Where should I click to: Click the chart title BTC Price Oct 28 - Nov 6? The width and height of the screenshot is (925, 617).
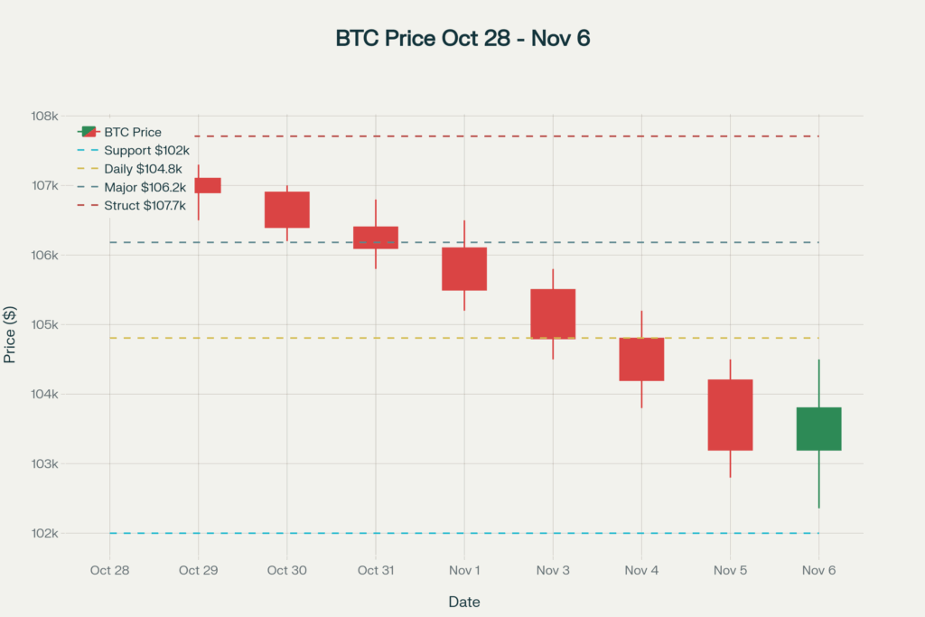tap(462, 39)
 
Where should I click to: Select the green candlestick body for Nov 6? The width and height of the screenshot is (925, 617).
tap(818, 428)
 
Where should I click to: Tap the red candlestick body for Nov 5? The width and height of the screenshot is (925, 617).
tap(730, 415)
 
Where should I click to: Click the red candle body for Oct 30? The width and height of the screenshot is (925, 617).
tap(287, 210)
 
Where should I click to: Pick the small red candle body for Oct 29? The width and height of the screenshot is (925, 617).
tap(208, 185)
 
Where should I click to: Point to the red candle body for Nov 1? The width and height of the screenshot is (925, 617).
tap(464, 268)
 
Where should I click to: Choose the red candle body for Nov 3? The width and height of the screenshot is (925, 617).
tap(553, 313)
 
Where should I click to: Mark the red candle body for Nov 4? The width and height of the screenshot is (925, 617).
tap(641, 359)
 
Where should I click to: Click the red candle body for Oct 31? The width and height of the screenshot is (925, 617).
tap(376, 237)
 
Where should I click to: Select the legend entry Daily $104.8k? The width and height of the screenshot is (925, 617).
tap(143, 169)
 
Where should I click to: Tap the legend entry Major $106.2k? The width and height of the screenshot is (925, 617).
tap(145, 187)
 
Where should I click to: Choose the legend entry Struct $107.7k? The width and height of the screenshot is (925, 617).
tap(145, 206)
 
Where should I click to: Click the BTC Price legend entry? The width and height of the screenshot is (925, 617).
tap(133, 132)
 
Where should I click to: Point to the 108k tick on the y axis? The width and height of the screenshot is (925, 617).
tap(44, 117)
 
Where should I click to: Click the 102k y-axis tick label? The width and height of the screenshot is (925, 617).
tap(44, 533)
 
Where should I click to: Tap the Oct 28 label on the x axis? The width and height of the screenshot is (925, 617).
tap(110, 570)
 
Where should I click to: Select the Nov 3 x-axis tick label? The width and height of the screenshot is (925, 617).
tap(553, 570)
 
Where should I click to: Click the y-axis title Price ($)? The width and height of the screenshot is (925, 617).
tap(10, 333)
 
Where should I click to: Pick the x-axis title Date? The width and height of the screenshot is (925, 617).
tap(464, 602)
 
